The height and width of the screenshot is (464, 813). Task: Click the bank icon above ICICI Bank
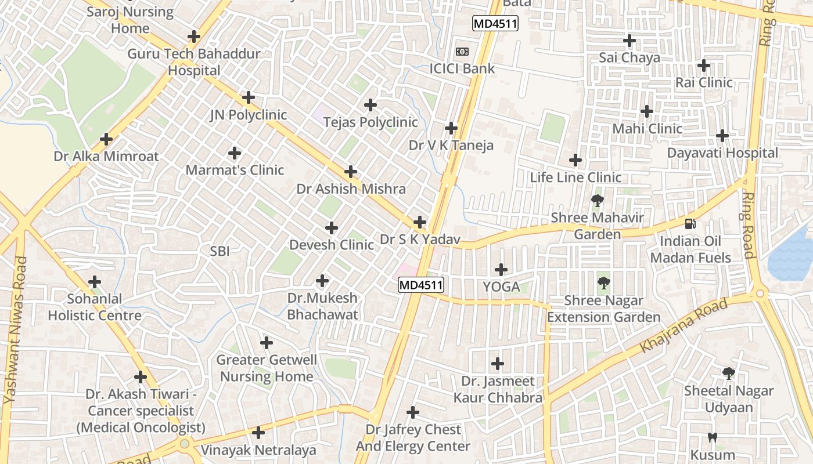462,52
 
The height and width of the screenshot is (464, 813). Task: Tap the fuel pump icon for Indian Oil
690,223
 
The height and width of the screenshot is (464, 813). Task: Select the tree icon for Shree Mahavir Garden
597,201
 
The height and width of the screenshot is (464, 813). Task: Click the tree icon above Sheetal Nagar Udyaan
728,374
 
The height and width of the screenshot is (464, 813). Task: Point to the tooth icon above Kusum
713,438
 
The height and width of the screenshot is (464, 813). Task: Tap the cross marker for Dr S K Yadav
420,222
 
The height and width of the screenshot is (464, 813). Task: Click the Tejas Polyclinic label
370,122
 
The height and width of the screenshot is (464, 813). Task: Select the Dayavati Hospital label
722,153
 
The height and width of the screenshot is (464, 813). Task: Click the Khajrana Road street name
684,326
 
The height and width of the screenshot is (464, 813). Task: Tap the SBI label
220,251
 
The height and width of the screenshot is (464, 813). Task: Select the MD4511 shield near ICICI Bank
495,24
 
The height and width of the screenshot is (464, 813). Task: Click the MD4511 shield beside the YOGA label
421,285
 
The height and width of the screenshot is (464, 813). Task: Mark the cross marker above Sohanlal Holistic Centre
95,282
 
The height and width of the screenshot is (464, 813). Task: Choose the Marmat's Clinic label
235,170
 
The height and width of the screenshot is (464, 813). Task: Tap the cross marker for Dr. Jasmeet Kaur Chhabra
498,364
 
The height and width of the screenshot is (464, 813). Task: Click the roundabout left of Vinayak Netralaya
185,444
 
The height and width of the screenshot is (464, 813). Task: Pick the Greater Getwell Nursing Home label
267,368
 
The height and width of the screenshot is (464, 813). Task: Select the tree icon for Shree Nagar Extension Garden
604,284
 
